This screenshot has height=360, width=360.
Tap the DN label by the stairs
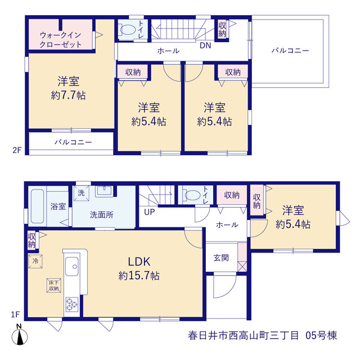[205, 46]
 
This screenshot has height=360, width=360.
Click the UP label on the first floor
[150, 212]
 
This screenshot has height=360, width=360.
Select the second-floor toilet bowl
[128, 30]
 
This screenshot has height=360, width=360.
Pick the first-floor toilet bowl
[192, 195]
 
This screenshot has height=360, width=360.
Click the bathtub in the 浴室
[37, 206]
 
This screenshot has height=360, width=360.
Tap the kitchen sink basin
[71, 266]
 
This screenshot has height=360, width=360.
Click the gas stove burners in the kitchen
[72, 304]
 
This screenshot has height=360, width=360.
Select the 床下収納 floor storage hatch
[54, 285]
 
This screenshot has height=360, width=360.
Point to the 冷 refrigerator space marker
[35, 261]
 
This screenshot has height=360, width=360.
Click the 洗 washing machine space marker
[81, 193]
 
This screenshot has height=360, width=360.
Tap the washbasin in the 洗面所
[104, 191]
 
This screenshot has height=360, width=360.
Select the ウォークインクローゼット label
[61, 40]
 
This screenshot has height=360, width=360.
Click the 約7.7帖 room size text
[69, 95]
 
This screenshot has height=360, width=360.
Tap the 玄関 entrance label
[221, 258]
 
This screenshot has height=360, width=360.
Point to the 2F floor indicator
[17, 150]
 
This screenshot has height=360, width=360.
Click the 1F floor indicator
[16, 314]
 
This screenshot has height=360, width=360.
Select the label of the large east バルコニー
[290, 50]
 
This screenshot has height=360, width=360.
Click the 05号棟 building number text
[321, 335]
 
